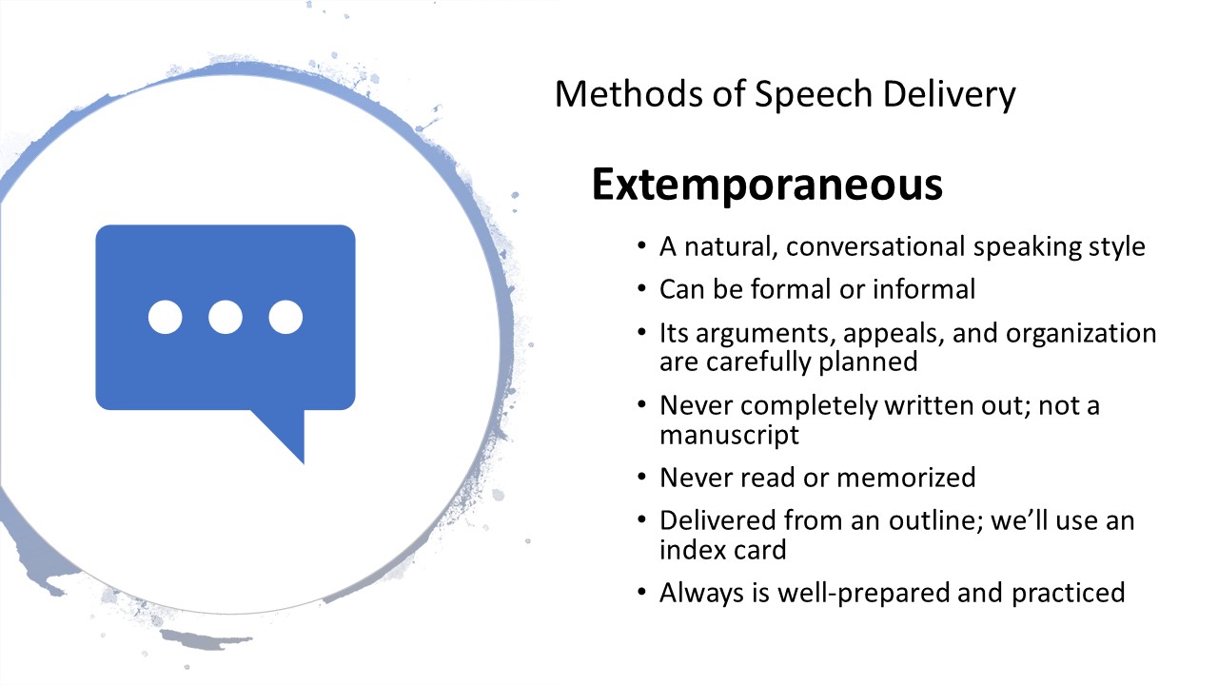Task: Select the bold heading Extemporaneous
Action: [x=767, y=186]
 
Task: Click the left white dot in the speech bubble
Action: [x=166, y=317]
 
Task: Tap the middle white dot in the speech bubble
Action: [x=226, y=317]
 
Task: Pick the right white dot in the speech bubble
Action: [x=285, y=317]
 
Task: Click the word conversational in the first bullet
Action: [x=875, y=246]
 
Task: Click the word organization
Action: [x=1081, y=334]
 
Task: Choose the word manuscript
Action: [x=729, y=435]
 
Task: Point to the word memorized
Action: [x=906, y=478]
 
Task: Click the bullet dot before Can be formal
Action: [x=641, y=288]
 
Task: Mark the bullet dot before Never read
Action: [x=641, y=478]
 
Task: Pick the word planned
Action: [x=868, y=362]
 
